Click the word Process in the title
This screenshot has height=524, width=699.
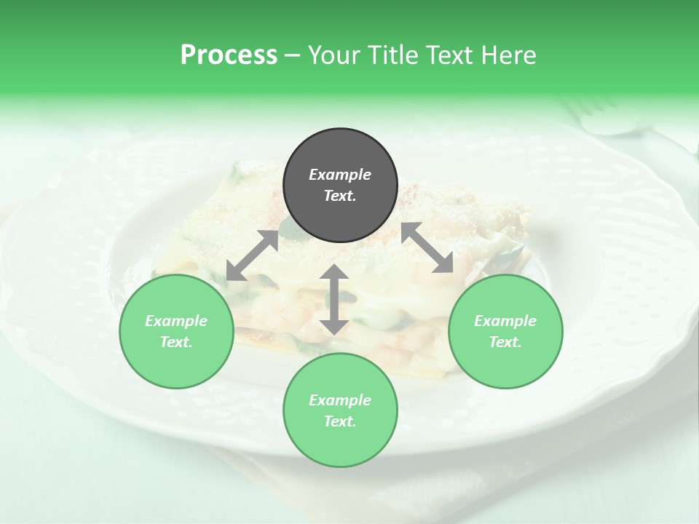point(229,55)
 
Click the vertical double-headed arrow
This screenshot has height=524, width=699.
point(334,299)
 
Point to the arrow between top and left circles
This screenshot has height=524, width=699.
point(252,255)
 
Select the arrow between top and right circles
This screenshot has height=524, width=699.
point(427,247)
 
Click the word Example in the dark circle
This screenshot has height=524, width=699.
point(340,175)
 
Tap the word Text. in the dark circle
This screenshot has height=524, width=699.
point(340,196)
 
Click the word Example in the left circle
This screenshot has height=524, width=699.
point(176,321)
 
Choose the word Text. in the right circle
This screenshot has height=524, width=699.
point(505,342)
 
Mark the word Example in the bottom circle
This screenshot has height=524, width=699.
point(340,400)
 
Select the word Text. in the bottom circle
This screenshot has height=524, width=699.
point(340,421)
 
